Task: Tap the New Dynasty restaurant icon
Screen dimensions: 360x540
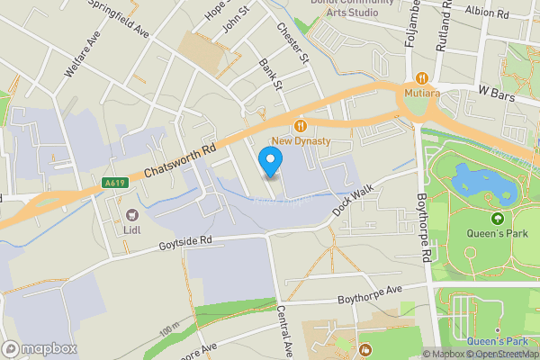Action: click(301, 127)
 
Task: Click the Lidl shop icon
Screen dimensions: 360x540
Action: click(133, 214)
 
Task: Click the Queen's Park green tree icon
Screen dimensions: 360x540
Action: click(497, 218)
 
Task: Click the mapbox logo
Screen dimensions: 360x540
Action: click(40, 348)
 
